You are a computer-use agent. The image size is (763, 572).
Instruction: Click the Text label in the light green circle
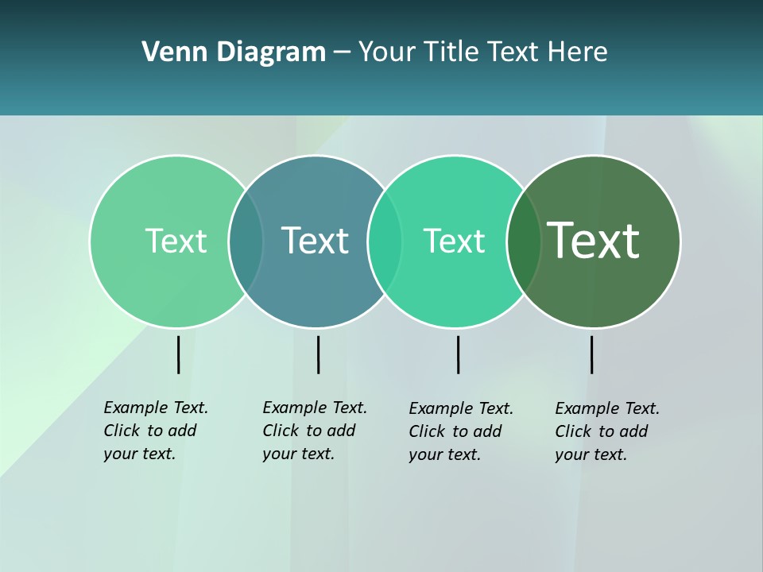[176, 241]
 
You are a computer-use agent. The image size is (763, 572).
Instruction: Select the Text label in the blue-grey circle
[316, 241]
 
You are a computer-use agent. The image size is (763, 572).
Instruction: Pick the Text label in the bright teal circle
[454, 241]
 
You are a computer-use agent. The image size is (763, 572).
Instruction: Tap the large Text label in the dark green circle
[594, 240]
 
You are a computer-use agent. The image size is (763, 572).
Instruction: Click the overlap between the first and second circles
[246, 241]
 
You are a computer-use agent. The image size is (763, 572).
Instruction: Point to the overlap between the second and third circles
[385, 241]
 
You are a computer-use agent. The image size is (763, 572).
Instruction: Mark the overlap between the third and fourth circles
[524, 241]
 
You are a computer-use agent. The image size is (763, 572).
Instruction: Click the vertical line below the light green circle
[178, 354]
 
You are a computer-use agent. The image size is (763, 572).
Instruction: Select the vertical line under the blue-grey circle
[318, 354]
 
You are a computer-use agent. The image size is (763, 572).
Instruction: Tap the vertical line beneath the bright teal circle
[458, 354]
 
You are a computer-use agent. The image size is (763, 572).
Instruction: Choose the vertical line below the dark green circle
[591, 354]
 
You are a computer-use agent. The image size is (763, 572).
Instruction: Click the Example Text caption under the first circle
[156, 431]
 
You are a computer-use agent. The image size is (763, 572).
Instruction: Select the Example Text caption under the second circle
[315, 431]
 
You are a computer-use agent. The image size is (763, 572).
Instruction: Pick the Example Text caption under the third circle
[461, 431]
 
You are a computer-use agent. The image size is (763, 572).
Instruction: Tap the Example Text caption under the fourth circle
[607, 431]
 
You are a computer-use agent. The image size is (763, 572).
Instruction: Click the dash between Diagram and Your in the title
[342, 53]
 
